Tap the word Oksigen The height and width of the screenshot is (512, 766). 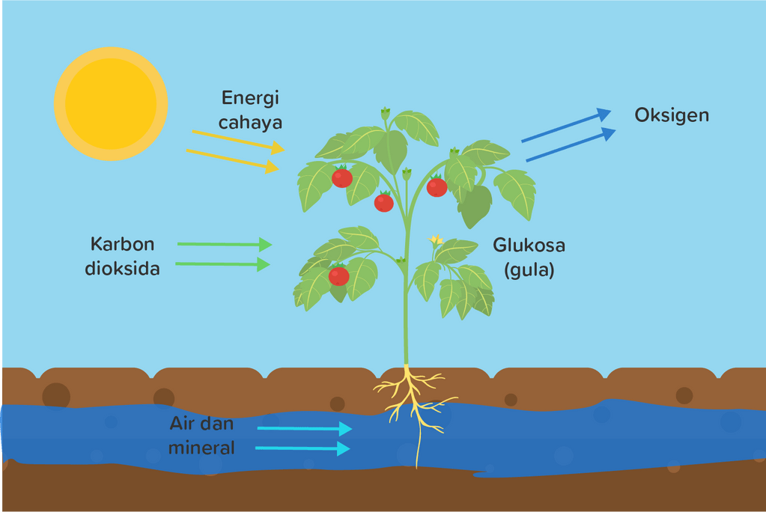(672, 115)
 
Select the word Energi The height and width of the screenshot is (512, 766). (249, 98)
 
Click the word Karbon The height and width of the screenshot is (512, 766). (122, 244)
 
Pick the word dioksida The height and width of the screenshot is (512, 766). (122, 268)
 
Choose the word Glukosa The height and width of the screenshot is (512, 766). (529, 246)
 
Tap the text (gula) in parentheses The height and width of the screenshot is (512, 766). (529, 269)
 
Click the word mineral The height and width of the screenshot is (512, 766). (201, 448)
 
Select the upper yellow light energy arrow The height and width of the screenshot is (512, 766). (238, 140)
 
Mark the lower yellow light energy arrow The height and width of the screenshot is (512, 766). (233, 159)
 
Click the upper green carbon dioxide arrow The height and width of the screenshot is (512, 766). (224, 244)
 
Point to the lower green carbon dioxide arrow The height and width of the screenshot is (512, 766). (222, 263)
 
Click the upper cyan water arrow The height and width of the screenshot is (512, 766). (304, 429)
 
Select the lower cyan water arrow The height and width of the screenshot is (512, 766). (303, 448)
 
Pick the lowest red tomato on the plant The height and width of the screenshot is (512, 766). (339, 275)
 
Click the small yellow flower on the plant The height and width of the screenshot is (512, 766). (436, 240)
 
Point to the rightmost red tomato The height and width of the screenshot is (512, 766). (437, 187)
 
